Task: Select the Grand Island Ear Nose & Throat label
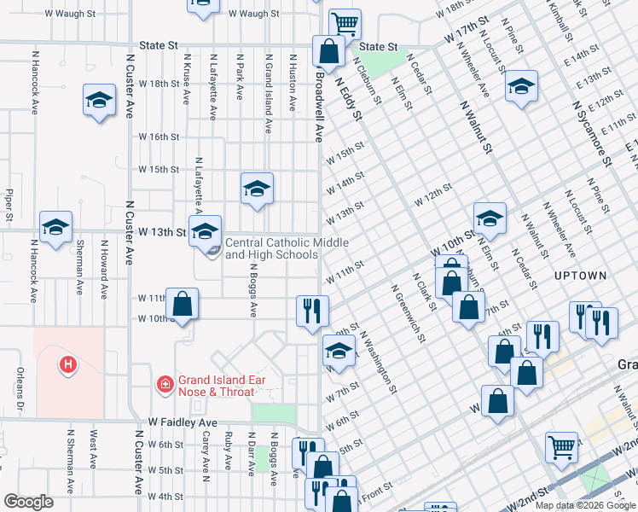tap(216, 386)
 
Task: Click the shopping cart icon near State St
tap(345, 23)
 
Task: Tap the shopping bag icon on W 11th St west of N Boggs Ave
tap(183, 303)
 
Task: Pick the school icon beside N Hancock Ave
tap(55, 227)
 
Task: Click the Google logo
tap(28, 502)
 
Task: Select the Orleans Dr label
tap(19, 387)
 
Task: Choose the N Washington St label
tap(379, 363)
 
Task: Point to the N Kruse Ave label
tap(187, 80)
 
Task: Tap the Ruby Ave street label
tap(228, 451)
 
